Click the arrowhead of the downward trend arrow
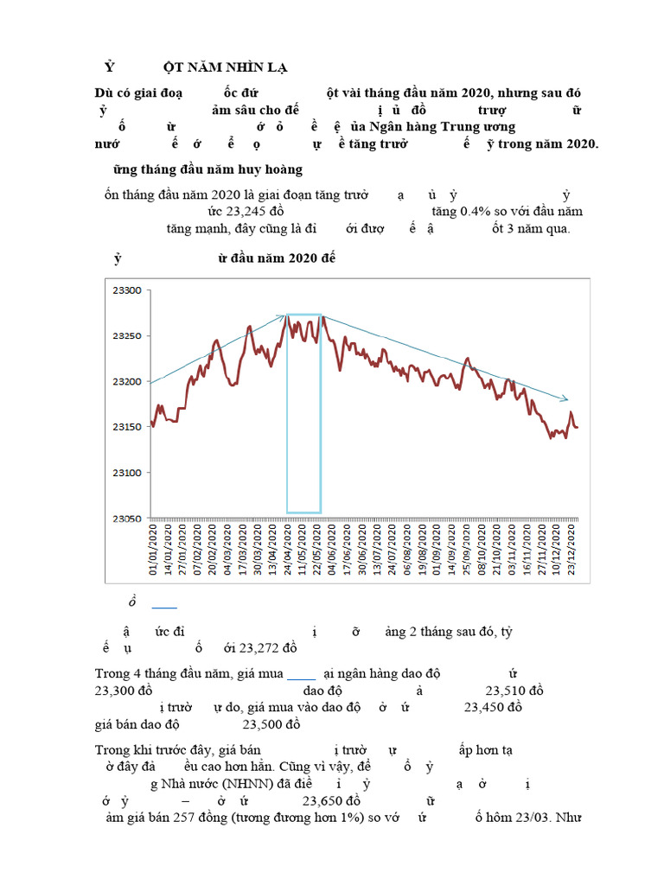566,399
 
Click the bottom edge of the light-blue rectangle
304,513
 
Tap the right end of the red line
578,427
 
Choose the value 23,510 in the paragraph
514,691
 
